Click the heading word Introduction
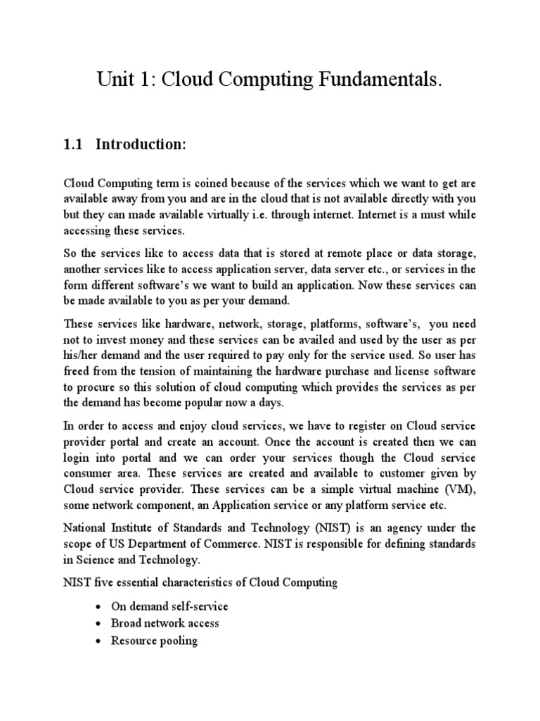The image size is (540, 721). (x=141, y=145)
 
